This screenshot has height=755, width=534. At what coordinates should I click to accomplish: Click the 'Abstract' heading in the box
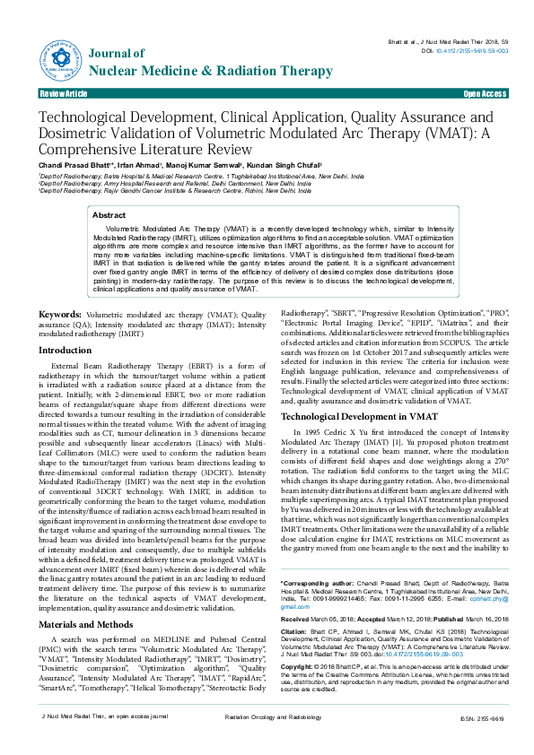pos(109,216)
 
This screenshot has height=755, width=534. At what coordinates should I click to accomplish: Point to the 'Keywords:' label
pos(60,315)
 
